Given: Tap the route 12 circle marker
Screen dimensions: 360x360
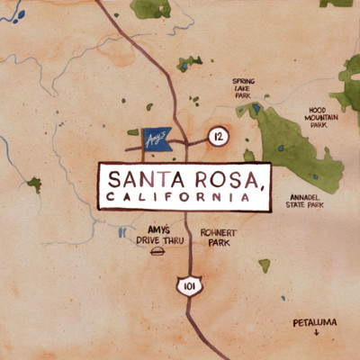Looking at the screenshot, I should coord(216,136).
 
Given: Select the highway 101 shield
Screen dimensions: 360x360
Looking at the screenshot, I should coord(188,286).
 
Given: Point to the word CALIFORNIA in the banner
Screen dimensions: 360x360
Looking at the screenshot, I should coord(176,195).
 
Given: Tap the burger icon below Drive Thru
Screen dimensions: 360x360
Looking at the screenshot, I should coord(158,256).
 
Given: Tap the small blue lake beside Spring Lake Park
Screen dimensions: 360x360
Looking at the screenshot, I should coord(256,109).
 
